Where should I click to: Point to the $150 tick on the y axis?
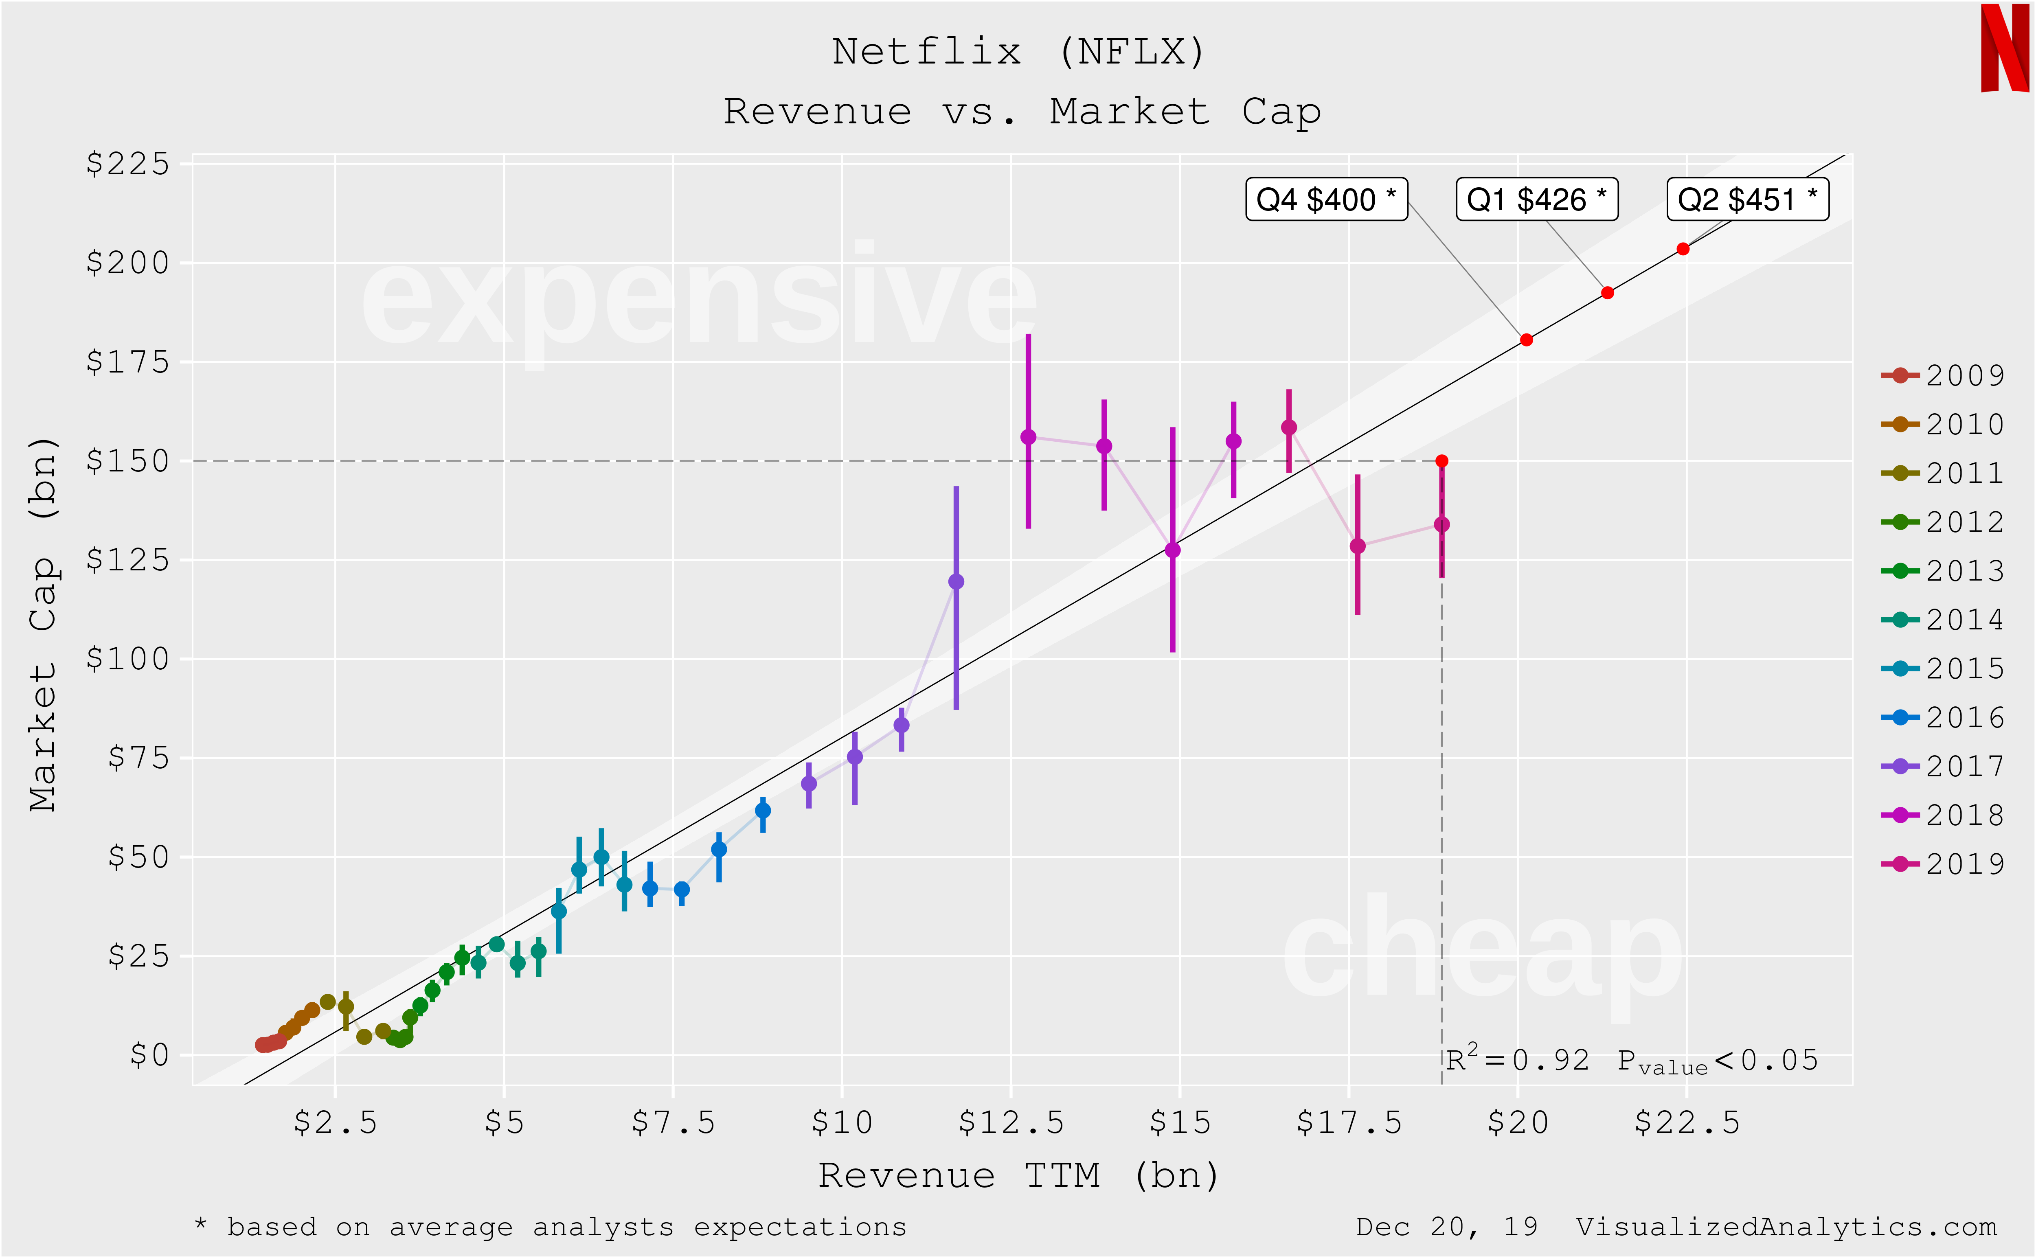(127, 461)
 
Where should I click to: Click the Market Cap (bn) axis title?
(43, 624)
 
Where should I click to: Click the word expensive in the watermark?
(699, 300)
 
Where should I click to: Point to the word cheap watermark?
(1481, 953)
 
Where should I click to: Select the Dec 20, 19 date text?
(1446, 1227)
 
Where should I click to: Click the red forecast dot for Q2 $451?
(1683, 249)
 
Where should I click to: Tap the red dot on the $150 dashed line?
(1442, 461)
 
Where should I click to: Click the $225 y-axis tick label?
(127, 164)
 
